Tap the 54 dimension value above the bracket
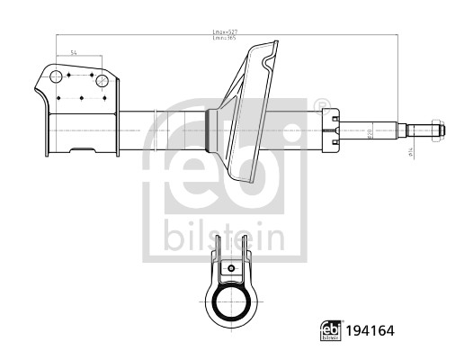click(x=74, y=55)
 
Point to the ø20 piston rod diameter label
click(x=370, y=132)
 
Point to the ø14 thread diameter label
click(x=412, y=154)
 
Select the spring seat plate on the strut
click(x=247, y=108)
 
